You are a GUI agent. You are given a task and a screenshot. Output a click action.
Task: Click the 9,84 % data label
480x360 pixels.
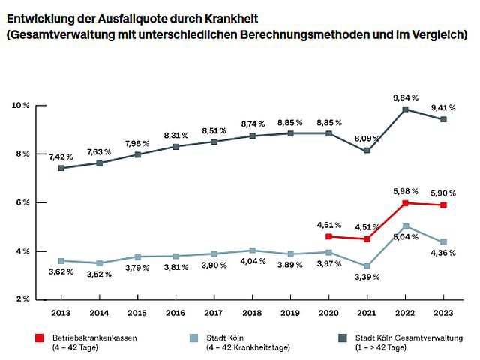click(406, 98)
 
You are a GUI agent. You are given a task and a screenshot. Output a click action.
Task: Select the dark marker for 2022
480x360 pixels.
click(405, 109)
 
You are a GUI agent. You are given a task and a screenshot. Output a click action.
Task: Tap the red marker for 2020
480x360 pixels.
click(328, 236)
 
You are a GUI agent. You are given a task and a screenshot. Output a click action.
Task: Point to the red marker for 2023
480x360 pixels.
click(443, 205)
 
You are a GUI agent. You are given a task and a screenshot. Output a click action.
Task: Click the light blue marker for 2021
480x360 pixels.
click(367, 265)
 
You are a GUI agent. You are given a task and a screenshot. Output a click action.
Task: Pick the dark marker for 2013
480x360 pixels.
click(61, 168)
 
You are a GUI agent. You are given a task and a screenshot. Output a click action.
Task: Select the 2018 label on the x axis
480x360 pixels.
click(252, 313)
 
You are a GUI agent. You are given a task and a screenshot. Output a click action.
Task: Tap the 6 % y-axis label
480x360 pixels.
click(22, 202)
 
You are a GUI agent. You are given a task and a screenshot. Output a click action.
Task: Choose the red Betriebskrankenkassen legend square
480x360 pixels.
click(40, 338)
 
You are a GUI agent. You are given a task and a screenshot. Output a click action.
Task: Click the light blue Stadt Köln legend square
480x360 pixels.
click(193, 338)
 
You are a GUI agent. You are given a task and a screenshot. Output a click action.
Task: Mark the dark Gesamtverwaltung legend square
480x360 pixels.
click(343, 338)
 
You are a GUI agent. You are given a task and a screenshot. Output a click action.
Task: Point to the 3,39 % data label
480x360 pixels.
click(367, 277)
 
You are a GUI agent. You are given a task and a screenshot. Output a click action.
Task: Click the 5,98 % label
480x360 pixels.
click(406, 192)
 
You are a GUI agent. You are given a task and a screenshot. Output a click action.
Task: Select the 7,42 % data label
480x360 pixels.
click(61, 157)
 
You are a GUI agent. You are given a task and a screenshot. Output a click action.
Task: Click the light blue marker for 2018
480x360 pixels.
click(252, 250)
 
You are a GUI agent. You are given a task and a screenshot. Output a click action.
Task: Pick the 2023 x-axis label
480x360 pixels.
click(443, 313)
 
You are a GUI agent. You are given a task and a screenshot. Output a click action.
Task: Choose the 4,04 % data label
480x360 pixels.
click(253, 262)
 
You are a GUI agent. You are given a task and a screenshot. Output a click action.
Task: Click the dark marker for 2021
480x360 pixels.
click(367, 151)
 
